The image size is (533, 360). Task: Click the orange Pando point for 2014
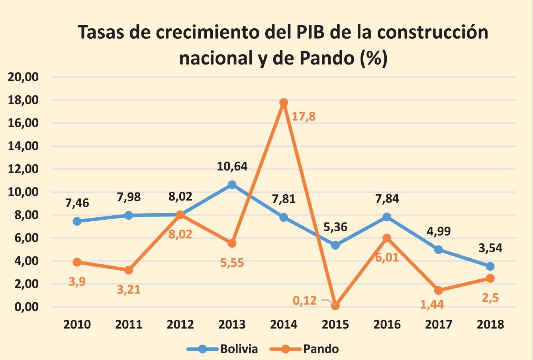pyautogui.click(x=284, y=102)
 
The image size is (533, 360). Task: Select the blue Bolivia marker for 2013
pyautogui.click(x=232, y=185)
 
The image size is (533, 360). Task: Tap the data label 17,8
pyautogui.click(x=304, y=117)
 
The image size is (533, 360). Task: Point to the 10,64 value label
pyautogui.click(x=232, y=166)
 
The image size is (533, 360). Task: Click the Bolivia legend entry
pyautogui.click(x=223, y=349)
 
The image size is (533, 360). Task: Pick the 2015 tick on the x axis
pyautogui.click(x=335, y=324)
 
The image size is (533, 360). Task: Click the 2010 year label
pyautogui.click(x=77, y=324)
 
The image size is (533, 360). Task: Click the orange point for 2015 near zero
pyautogui.click(x=335, y=306)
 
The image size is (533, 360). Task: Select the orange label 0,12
pyautogui.click(x=305, y=300)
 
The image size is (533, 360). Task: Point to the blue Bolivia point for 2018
pyautogui.click(x=490, y=266)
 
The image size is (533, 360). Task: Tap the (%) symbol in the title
pyautogui.click(x=373, y=58)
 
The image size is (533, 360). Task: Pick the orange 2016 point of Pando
pyautogui.click(x=387, y=238)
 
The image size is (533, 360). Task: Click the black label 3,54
pyautogui.click(x=490, y=248)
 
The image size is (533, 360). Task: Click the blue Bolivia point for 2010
pyautogui.click(x=77, y=221)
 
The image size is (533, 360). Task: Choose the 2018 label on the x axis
pyautogui.click(x=490, y=324)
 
